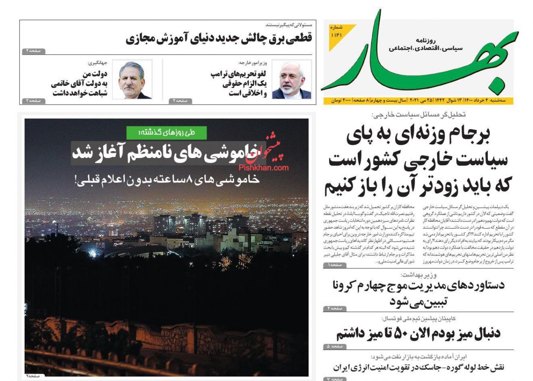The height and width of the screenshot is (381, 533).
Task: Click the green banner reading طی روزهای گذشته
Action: point(167,133)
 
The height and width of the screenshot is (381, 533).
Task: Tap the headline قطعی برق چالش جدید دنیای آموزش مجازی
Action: point(219,38)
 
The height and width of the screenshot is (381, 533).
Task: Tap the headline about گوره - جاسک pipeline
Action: point(418,367)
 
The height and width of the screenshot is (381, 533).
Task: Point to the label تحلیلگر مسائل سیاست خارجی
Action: point(418,114)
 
